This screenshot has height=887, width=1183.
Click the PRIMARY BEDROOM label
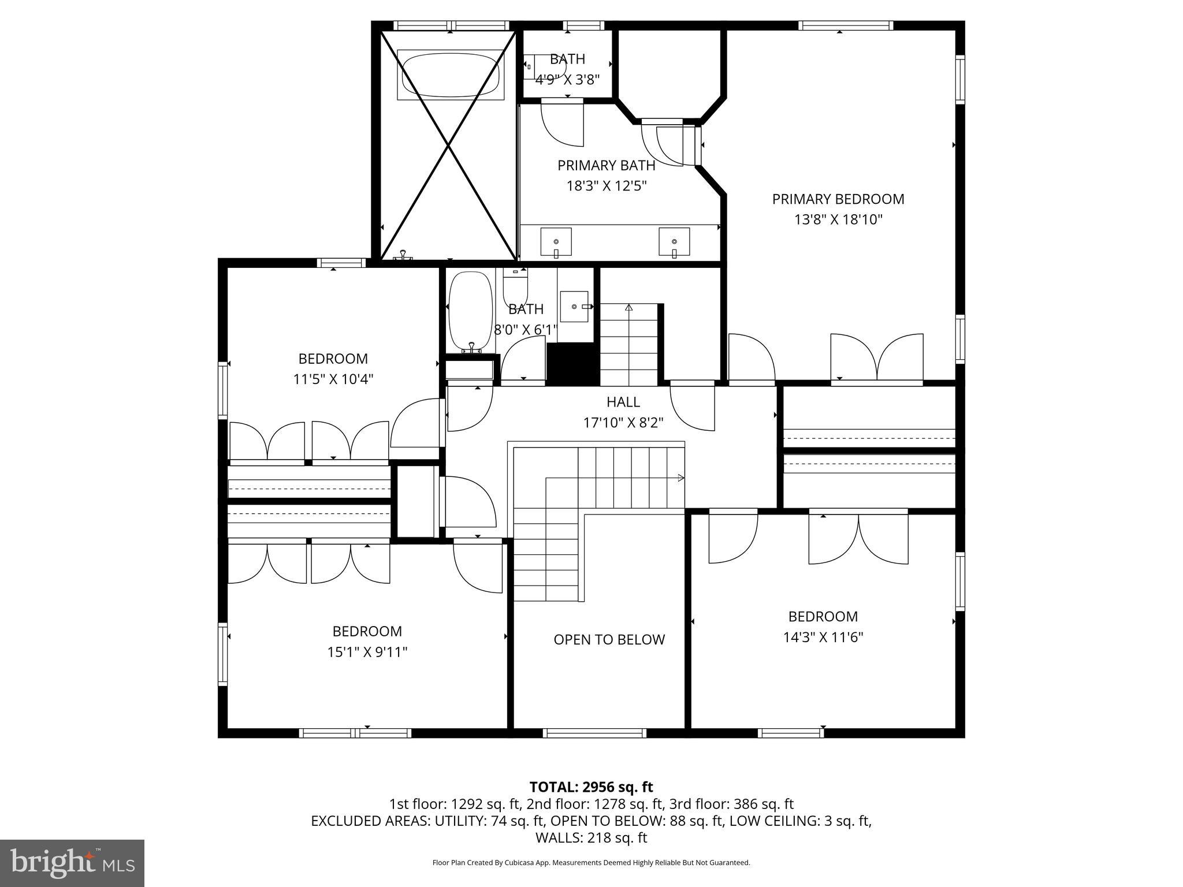838,199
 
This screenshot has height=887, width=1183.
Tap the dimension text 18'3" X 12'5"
606,186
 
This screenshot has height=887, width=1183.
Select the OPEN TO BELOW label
609,639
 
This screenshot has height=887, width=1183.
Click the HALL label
623,402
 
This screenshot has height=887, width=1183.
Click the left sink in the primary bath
556,242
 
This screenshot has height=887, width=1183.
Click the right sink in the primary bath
674,242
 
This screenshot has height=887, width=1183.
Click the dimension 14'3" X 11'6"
823,638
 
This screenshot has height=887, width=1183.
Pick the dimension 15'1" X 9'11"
367,652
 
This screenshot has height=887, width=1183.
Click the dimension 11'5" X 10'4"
333,379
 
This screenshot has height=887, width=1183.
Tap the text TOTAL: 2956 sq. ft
591,787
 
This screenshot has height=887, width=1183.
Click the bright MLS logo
72,863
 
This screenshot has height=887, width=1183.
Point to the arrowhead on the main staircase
681,478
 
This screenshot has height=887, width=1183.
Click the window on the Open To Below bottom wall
594,733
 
